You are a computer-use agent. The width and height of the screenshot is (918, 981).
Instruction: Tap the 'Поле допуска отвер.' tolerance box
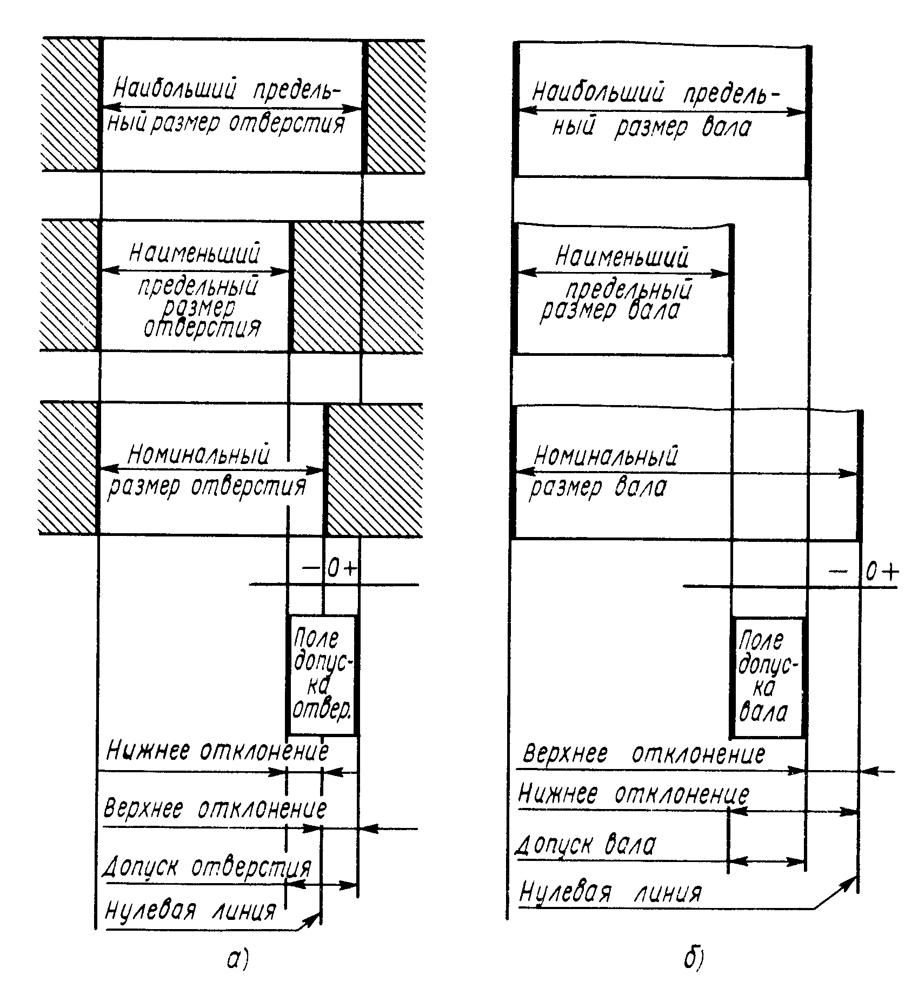pyautogui.click(x=323, y=675)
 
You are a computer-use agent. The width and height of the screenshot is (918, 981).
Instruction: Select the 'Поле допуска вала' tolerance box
pyautogui.click(x=767, y=678)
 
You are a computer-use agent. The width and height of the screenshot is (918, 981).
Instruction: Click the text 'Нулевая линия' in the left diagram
pyautogui.click(x=190, y=911)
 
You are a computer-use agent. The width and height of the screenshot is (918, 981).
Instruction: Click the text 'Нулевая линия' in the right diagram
pyautogui.click(x=610, y=892)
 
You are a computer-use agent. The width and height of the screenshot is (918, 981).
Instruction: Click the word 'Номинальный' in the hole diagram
pyautogui.click(x=198, y=455)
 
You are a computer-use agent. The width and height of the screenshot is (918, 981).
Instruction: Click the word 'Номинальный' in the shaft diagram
pyautogui.click(x=606, y=456)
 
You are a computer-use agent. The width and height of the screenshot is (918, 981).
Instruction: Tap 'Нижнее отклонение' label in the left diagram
pyautogui.click(x=217, y=751)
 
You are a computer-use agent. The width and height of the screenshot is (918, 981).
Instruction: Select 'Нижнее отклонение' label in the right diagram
pyautogui.click(x=634, y=794)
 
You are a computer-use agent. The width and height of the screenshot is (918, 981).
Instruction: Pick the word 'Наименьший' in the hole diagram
pyautogui.click(x=195, y=253)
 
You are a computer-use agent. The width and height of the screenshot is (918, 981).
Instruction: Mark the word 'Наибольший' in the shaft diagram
pyautogui.click(x=597, y=93)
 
